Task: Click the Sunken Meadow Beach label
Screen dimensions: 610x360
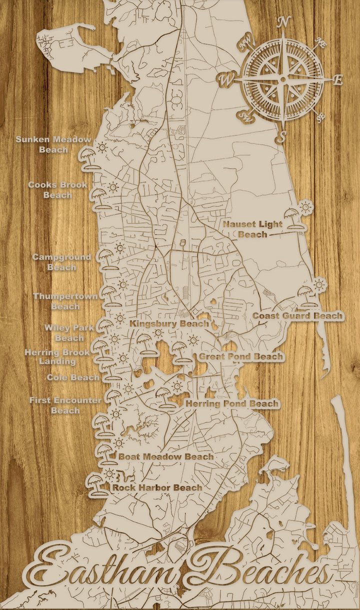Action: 53,144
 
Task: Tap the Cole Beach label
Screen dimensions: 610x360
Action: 73,377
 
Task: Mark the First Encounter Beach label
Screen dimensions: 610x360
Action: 65,405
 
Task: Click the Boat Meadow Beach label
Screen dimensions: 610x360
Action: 165,456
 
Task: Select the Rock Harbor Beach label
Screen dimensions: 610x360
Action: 157,487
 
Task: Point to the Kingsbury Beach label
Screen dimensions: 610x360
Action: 169,324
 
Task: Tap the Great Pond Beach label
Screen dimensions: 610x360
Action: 241,357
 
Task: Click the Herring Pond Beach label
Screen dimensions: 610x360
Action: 232,403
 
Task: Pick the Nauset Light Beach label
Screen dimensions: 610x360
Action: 252,229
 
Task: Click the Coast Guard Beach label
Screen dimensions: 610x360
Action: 297,316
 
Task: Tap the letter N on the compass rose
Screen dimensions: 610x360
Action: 284,22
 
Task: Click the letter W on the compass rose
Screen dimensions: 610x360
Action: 226,78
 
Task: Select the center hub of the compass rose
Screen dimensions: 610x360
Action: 283,79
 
